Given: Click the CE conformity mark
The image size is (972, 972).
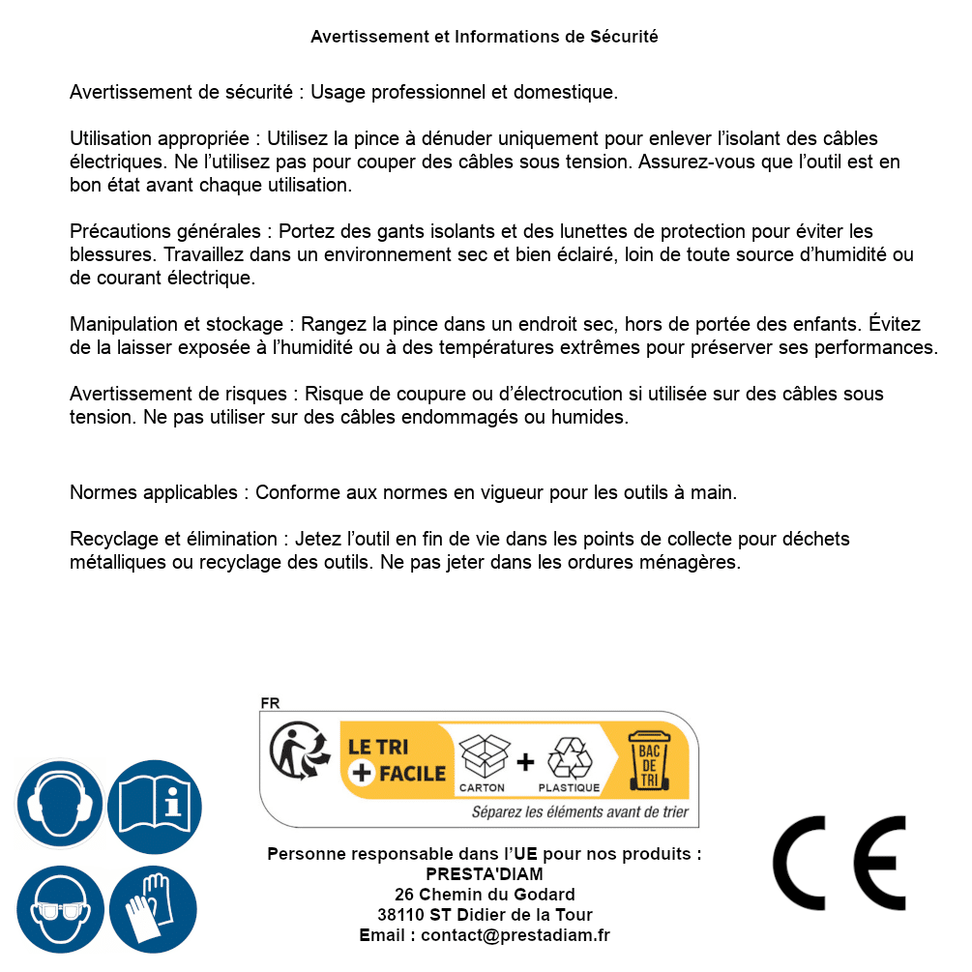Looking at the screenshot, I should (x=839, y=863).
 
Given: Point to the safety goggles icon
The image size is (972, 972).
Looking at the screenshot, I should (x=59, y=910).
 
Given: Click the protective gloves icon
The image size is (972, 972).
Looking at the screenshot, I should (x=154, y=910).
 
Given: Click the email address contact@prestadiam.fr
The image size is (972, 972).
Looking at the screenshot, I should (x=515, y=935).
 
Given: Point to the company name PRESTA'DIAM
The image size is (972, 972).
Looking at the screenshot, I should (x=485, y=874).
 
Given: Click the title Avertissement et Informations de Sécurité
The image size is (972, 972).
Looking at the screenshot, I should (x=485, y=37).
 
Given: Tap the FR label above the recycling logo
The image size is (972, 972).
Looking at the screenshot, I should (x=270, y=703).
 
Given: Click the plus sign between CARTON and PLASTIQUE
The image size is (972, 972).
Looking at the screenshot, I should (x=525, y=761).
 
